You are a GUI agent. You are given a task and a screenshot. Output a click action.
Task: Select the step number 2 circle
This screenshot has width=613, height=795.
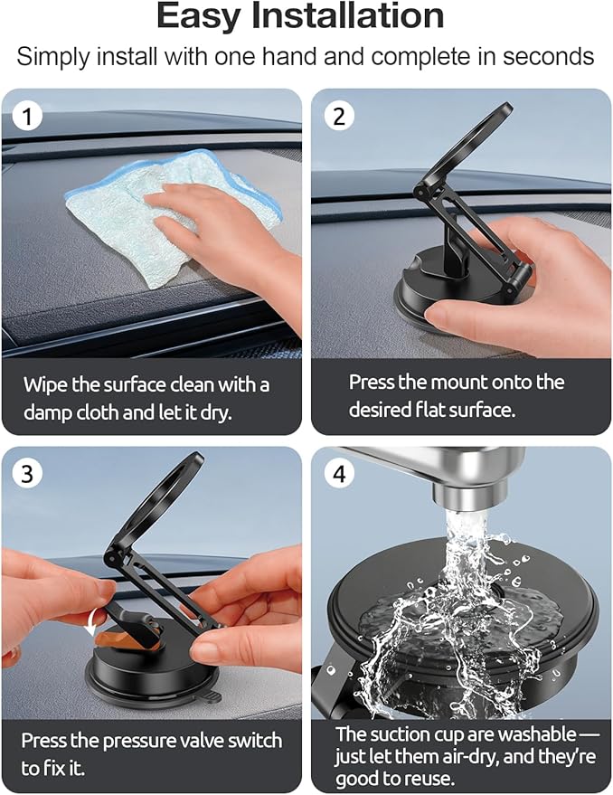pyautogui.click(x=338, y=118)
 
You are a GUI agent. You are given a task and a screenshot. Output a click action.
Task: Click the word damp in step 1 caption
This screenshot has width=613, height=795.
pyautogui.click(x=52, y=412)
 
